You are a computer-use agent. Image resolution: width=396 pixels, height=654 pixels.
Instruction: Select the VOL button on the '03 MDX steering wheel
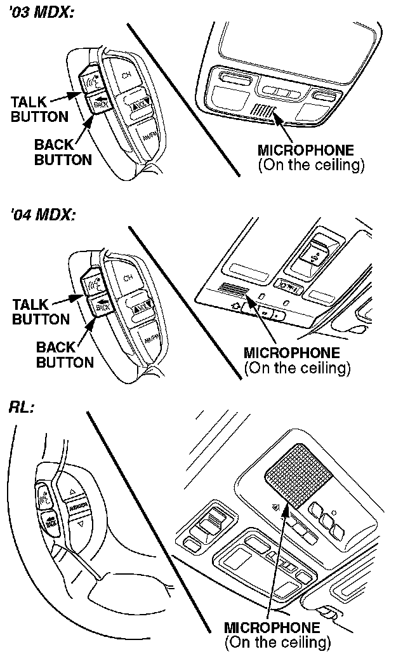pyautogui.click(x=141, y=103)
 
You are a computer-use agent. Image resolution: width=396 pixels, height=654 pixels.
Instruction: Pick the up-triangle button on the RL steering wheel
pyautogui.click(x=73, y=491)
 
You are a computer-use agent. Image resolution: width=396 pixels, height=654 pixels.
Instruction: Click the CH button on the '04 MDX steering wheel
pyautogui.click(x=128, y=277)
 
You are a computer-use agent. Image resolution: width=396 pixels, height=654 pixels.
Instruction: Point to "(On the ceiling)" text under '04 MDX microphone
pyautogui.click(x=297, y=368)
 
